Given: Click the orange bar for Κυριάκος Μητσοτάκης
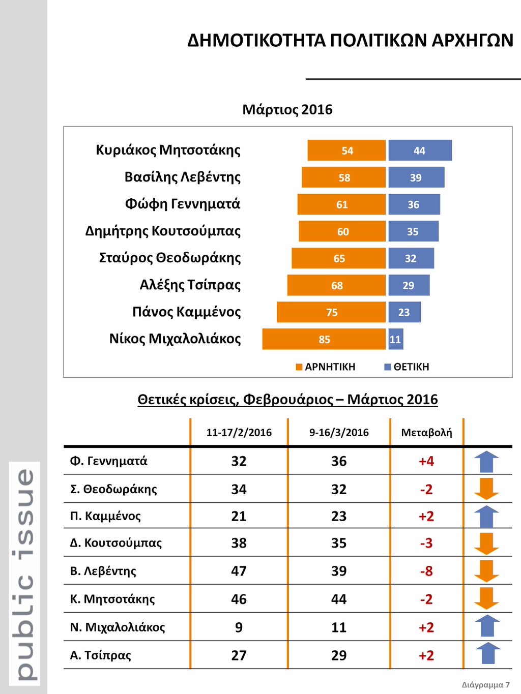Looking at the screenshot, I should click(346, 150).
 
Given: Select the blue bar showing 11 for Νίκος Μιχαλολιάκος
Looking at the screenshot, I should click(395, 339).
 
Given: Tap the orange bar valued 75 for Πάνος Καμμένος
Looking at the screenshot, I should click(331, 312).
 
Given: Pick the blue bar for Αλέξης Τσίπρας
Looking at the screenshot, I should click(409, 285).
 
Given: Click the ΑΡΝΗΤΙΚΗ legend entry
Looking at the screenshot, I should click(326, 367).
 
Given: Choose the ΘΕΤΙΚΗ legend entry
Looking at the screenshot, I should click(407, 367).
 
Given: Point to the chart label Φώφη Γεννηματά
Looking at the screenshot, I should click(182, 204).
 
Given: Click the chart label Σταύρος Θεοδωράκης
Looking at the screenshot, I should click(169, 258).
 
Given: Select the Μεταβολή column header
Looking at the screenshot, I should click(426, 432).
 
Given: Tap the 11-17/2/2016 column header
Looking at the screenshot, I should click(239, 432).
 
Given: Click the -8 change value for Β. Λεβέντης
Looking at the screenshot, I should click(426, 571).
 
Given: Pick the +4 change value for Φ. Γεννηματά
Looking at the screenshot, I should click(426, 461).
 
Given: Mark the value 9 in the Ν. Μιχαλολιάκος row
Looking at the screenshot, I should click(239, 627).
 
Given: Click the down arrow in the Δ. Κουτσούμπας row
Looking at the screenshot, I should click(486, 544).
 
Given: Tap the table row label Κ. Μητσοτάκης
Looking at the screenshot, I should click(112, 599).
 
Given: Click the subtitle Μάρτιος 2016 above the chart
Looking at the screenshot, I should click(287, 109).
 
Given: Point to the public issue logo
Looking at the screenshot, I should click(25, 573).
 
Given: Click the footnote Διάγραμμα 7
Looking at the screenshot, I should click(485, 684).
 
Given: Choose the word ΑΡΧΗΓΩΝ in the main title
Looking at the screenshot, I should click(472, 40).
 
